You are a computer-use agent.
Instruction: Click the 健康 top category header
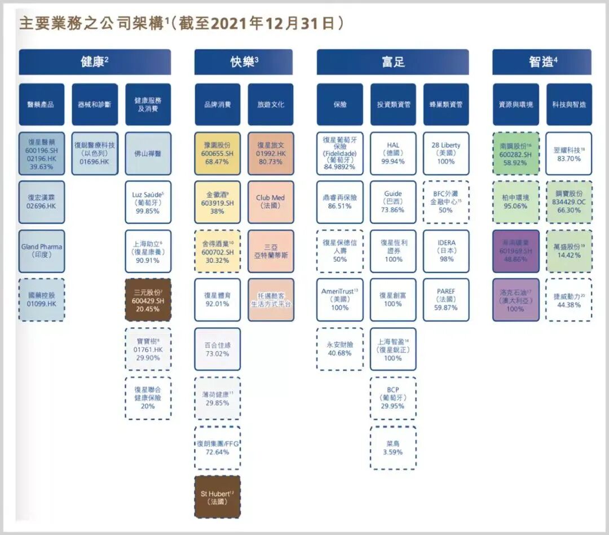pyautogui.click(x=95, y=62)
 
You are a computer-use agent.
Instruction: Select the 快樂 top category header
pyautogui.click(x=244, y=62)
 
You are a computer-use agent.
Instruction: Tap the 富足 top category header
pyautogui.click(x=392, y=62)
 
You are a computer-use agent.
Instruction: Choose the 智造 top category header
pyautogui.click(x=542, y=62)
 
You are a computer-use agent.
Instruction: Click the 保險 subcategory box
pyautogui.click(x=339, y=104)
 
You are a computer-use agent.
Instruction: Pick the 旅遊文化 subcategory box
pyautogui.click(x=271, y=104)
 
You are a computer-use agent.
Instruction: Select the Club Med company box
pyautogui.click(x=271, y=202)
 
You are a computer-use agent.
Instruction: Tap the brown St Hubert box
pyautogui.click(x=217, y=497)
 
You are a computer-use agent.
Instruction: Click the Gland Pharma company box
pyautogui.click(x=42, y=251)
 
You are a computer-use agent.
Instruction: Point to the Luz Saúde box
pyautogui.click(x=148, y=202)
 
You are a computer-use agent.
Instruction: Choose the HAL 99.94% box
pyautogui.click(x=393, y=153)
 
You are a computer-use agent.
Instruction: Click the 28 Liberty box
pyautogui.click(x=446, y=153)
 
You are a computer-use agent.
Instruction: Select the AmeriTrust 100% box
pyautogui.click(x=339, y=300)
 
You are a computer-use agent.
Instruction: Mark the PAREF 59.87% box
pyautogui.click(x=446, y=300)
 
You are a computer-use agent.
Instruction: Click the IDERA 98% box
pyautogui.click(x=446, y=251)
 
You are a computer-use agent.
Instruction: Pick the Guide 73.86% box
pyautogui.click(x=393, y=202)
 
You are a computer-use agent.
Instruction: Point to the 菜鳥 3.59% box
pyautogui.click(x=393, y=447)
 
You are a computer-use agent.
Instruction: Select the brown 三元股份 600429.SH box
pyautogui.click(x=148, y=300)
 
